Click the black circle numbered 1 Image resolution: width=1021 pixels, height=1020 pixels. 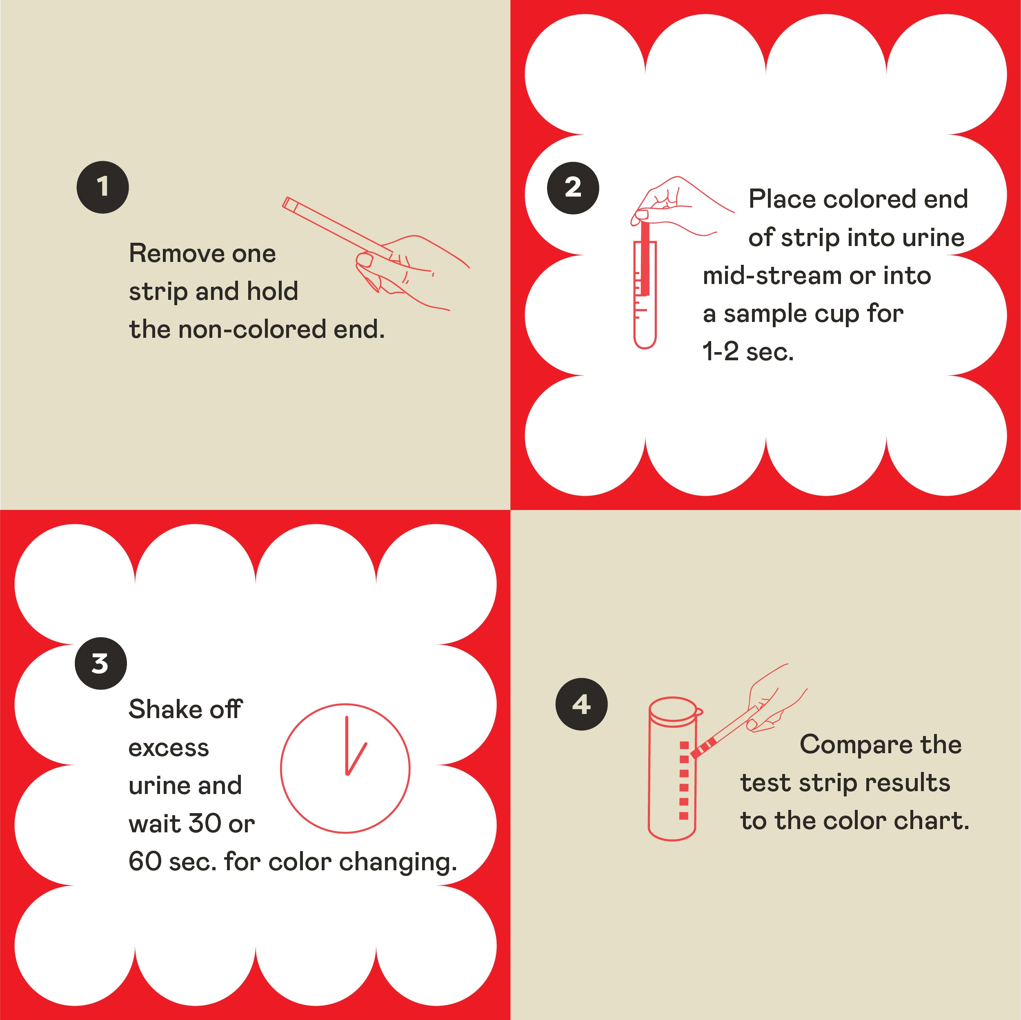(x=102, y=187)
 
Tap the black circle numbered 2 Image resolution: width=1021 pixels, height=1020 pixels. (x=573, y=188)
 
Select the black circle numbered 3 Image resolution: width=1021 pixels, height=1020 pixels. (x=100, y=663)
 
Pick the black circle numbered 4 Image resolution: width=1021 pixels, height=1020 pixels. (x=581, y=704)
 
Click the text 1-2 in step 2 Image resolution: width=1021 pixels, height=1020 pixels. (x=720, y=352)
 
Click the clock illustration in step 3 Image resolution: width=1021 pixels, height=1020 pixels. (x=345, y=768)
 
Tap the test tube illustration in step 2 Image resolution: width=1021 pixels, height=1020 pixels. (x=645, y=296)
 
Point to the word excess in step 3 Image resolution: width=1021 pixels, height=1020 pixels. (x=169, y=748)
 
